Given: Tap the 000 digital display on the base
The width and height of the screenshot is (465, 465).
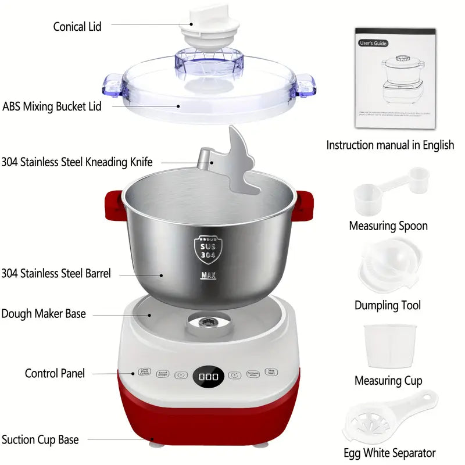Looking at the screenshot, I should click(x=209, y=377).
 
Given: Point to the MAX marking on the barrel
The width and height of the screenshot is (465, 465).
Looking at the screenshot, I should click(x=208, y=276).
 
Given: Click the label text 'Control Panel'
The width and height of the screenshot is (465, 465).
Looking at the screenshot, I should click(x=55, y=373).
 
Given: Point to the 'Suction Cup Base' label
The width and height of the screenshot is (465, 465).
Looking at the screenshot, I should click(x=40, y=439).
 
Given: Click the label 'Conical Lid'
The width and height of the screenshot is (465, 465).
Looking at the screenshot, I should click(x=77, y=26).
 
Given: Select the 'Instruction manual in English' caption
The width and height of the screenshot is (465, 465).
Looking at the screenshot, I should click(x=390, y=145).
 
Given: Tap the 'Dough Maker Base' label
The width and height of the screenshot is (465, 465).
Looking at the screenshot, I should click(x=44, y=314).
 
